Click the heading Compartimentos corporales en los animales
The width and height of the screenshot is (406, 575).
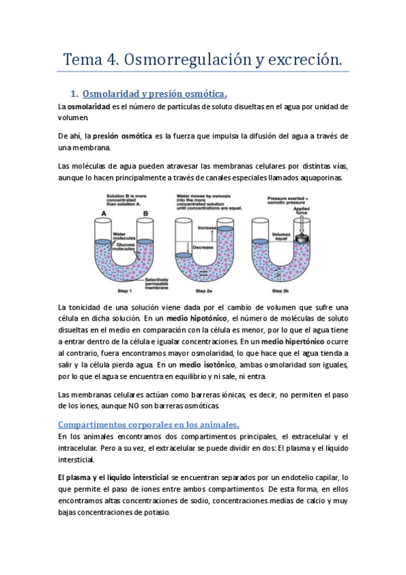150,424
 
